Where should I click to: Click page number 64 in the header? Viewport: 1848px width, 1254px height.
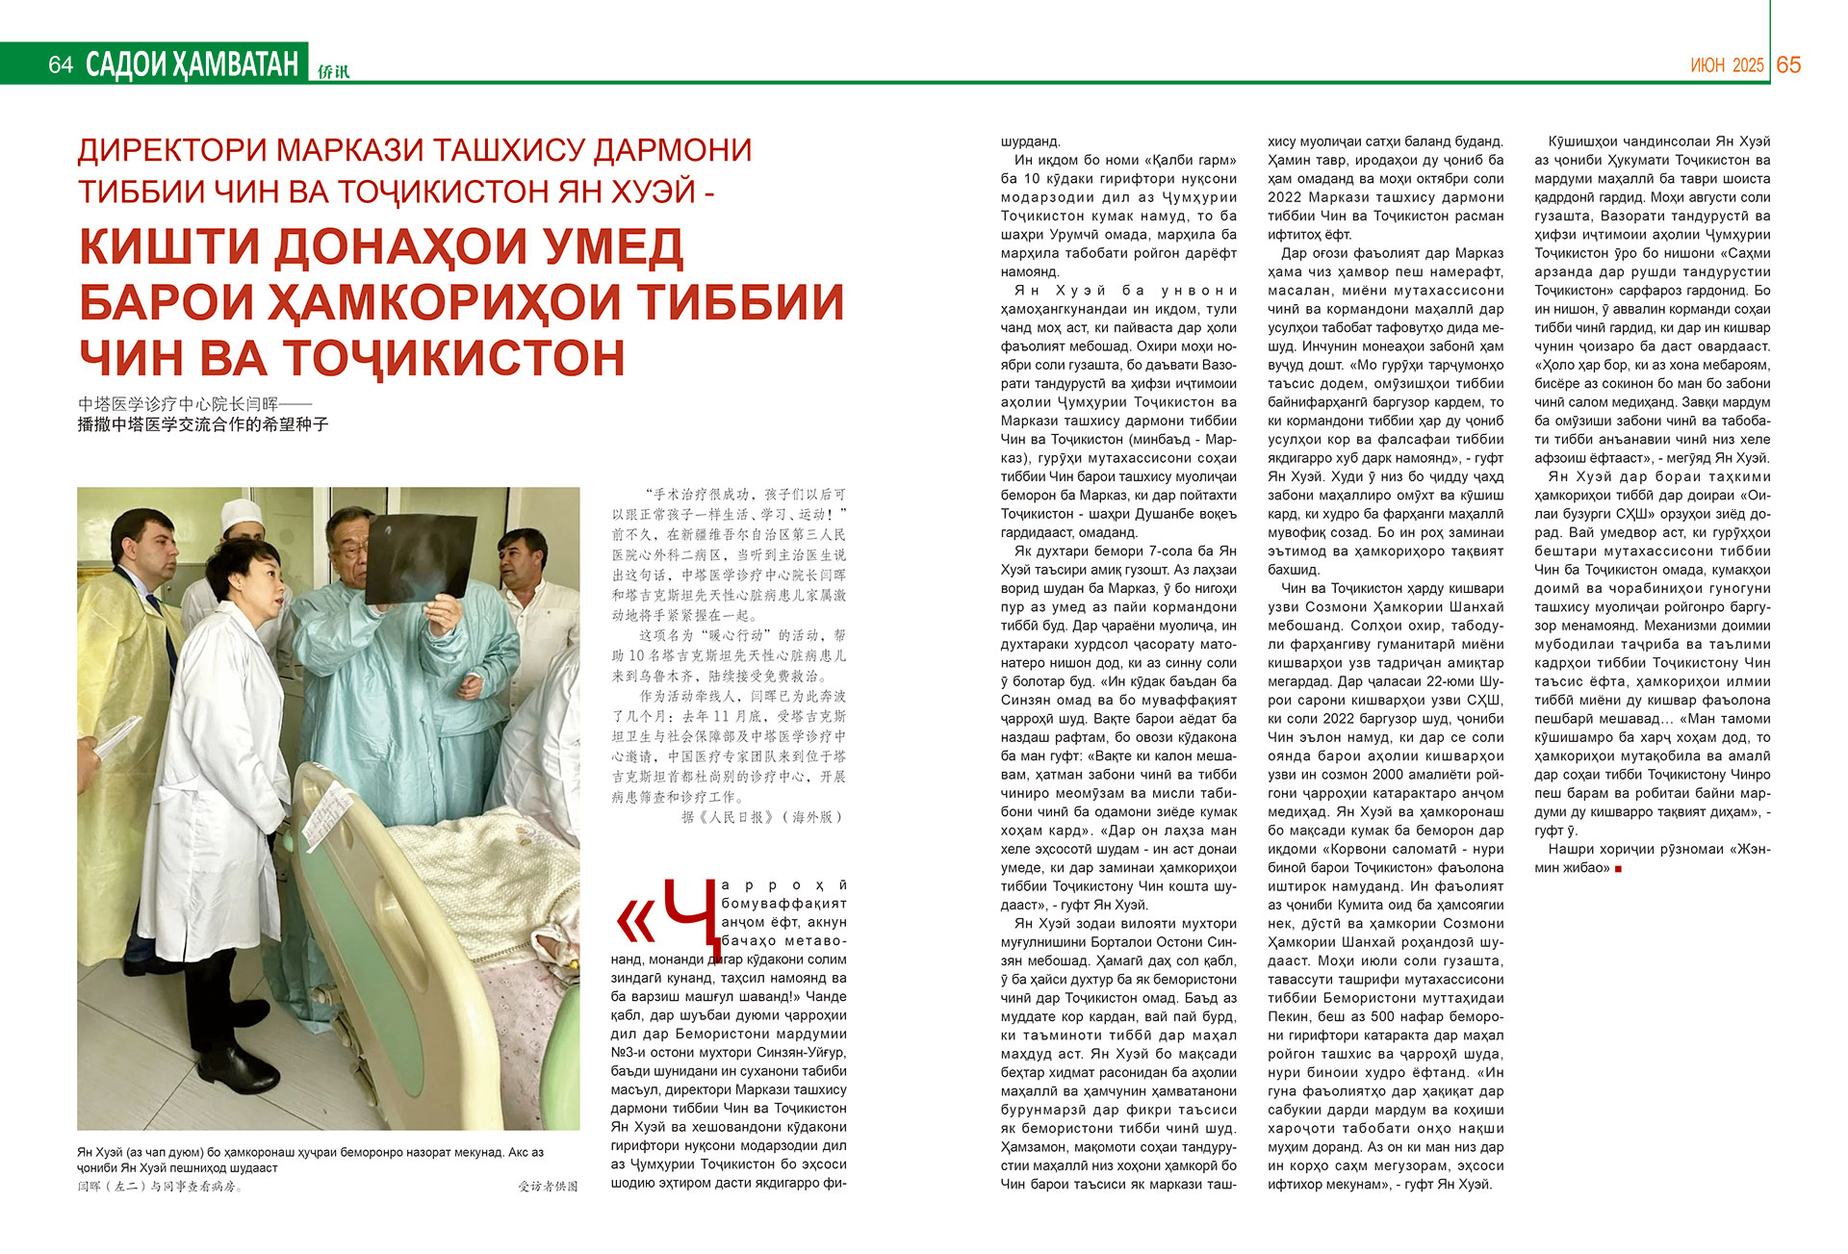tap(61, 64)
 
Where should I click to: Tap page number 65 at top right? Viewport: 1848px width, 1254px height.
tap(1788, 64)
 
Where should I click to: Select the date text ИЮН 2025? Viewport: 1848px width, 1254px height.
tap(1727, 65)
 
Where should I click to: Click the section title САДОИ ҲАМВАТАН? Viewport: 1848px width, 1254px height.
tap(192, 64)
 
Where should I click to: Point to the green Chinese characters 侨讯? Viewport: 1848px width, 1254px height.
tap(334, 70)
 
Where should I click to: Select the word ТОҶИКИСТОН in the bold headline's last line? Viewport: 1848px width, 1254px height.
tap(456, 357)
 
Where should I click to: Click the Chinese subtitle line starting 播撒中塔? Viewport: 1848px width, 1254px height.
tap(203, 423)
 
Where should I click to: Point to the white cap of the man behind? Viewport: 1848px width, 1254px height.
tap(242, 514)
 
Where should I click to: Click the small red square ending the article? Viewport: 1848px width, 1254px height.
tap(1618, 869)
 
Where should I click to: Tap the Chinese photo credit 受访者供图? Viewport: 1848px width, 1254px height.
tap(548, 1187)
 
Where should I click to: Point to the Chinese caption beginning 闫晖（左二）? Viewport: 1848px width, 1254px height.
tap(160, 1187)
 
